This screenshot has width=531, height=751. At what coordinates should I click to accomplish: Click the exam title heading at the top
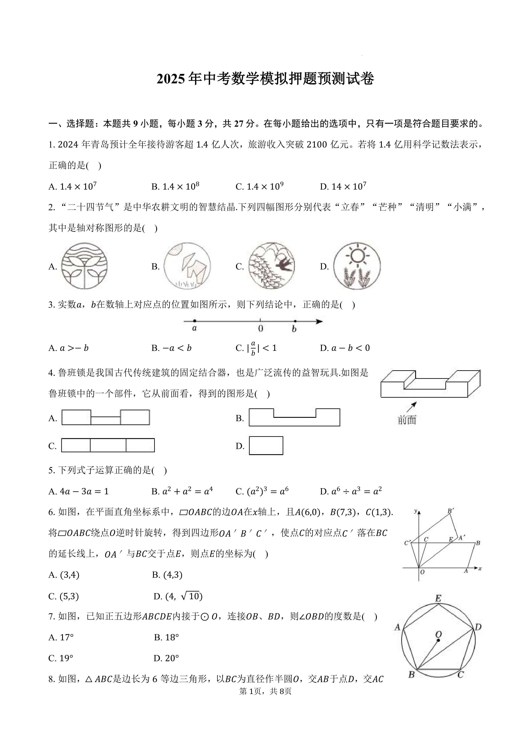265,79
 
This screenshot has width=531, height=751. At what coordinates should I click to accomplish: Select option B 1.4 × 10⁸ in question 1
175,187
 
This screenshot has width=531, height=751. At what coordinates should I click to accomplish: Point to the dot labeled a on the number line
195,321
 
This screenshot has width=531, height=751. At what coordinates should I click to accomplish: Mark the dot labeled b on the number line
295,321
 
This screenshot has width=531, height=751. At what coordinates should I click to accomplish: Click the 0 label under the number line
261,328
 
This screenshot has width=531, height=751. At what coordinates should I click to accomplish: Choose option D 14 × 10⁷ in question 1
343,187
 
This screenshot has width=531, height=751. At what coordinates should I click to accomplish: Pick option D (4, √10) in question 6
178,596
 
